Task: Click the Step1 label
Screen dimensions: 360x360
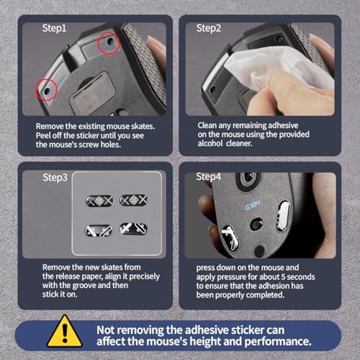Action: (x=54, y=28)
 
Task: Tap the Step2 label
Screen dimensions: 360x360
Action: (x=209, y=28)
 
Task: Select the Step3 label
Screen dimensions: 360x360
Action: (x=55, y=178)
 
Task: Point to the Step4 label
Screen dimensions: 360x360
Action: (x=208, y=177)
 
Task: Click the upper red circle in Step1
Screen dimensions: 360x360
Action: (x=109, y=43)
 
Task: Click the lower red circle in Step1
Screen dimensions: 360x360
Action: (x=46, y=90)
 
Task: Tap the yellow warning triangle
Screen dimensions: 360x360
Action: (x=65, y=331)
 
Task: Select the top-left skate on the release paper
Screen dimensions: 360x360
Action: (x=99, y=201)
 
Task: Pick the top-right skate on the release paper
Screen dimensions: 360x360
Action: (x=133, y=200)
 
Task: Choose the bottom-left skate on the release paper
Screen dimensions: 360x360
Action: (x=99, y=230)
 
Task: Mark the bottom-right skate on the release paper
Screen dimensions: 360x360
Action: (x=133, y=229)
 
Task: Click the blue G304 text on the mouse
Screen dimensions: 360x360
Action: (x=253, y=205)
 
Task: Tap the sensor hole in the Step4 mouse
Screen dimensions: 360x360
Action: (x=256, y=225)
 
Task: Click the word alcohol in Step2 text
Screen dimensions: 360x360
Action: (x=210, y=143)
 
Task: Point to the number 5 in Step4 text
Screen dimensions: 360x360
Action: (x=283, y=277)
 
